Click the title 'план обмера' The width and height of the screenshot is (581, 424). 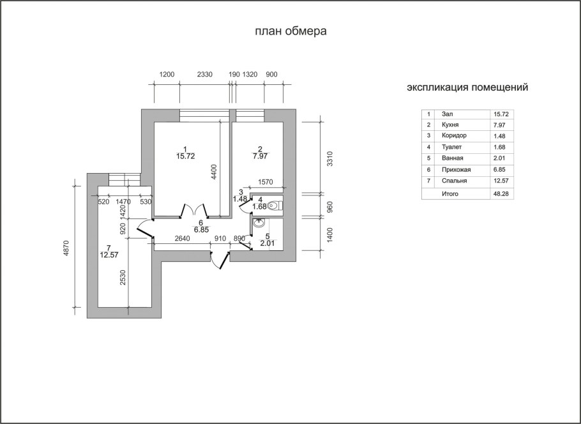tap(290, 31)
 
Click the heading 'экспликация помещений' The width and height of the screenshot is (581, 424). tap(467, 88)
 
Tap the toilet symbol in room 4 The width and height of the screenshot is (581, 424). tap(275, 206)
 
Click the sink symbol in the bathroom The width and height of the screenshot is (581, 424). tap(259, 223)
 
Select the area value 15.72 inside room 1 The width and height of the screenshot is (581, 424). tap(185, 156)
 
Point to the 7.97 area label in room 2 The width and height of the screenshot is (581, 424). tap(260, 156)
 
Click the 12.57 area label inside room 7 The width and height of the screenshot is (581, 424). tap(109, 255)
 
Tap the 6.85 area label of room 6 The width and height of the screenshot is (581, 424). tap(201, 230)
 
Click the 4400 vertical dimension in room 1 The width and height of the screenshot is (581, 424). tap(214, 172)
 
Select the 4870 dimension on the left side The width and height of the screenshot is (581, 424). tap(66, 248)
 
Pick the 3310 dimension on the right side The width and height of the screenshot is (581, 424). tap(330, 158)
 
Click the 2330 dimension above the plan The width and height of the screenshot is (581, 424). tap(204, 75)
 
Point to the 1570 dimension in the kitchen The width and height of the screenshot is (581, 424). tap(266, 182)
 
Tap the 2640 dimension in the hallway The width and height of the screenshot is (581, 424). tap(183, 238)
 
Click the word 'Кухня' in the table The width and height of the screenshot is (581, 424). tap(450, 125)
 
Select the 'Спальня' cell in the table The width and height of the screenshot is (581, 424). tap(455, 181)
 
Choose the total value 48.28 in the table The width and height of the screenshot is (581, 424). tap(501, 194)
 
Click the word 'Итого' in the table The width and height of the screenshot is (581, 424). tap(450, 194)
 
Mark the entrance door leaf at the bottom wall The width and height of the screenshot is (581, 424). tap(225, 260)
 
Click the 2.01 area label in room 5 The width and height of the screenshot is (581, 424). tap(268, 243)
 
